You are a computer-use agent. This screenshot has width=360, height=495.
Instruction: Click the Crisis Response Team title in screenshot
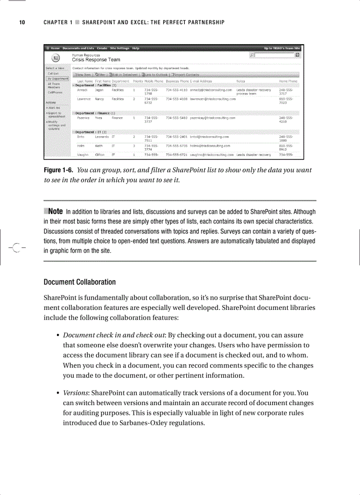96,60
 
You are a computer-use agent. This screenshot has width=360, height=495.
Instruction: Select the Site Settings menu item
119,48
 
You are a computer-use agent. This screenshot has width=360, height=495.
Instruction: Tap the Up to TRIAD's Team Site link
282,48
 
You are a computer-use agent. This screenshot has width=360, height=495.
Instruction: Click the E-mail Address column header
201,81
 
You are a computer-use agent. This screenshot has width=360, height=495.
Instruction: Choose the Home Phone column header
288,81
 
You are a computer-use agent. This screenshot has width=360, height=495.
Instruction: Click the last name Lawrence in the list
85,99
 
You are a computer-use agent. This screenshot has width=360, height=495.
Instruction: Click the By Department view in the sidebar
58,79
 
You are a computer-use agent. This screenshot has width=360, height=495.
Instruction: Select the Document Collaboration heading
79,282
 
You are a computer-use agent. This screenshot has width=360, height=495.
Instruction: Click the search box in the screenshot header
274,55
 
